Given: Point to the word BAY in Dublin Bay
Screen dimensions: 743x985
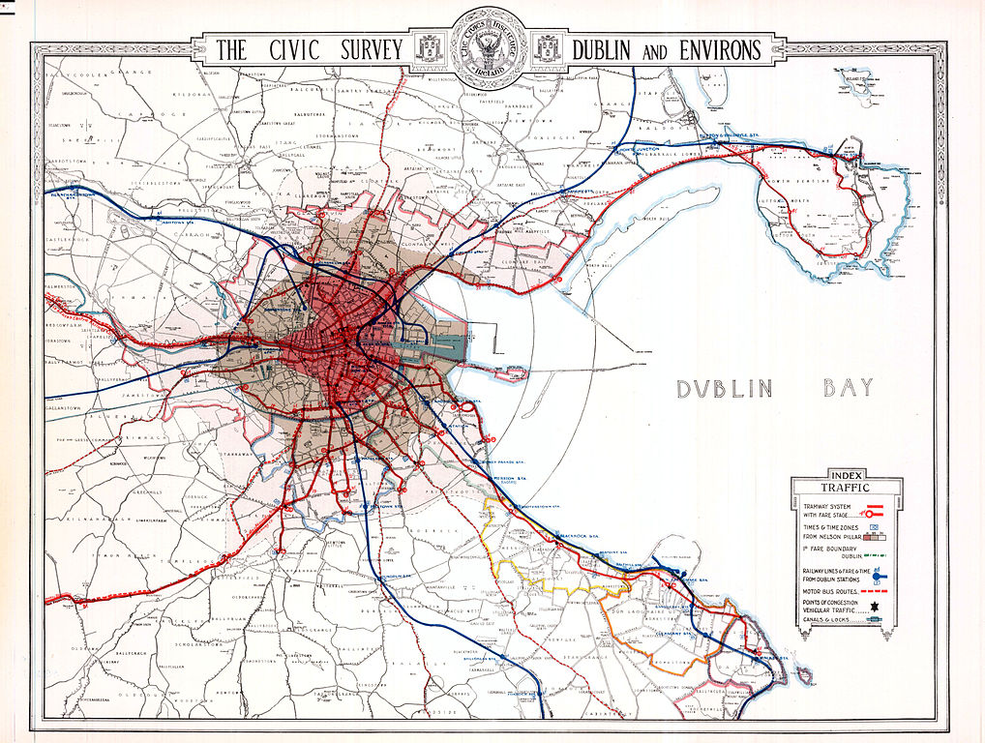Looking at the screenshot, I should [x=848, y=389].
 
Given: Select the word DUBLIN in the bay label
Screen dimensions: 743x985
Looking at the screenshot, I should [x=725, y=389].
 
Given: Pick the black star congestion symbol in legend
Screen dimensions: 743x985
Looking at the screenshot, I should [x=876, y=604].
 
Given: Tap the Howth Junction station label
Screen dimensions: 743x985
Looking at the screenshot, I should [x=639, y=150].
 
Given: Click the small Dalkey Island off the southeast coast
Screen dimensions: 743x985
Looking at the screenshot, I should [x=802, y=675].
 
